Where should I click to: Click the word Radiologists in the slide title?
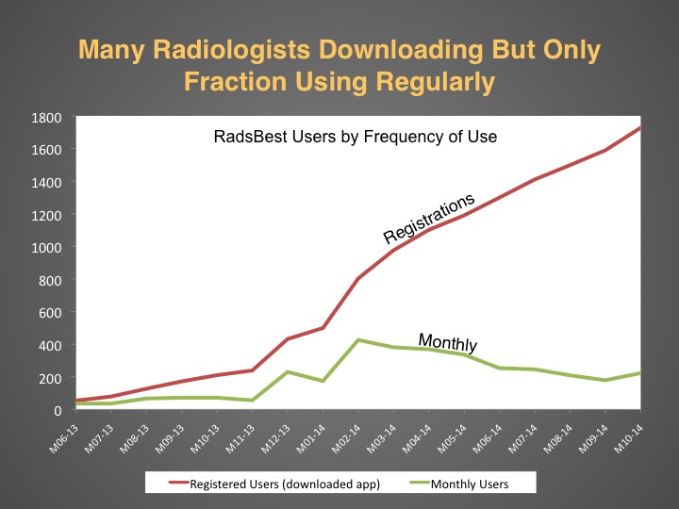tap(231, 50)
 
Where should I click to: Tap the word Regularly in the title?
tap(435, 82)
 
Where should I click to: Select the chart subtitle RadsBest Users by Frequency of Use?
tap(356, 137)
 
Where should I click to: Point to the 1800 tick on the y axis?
tap(46, 118)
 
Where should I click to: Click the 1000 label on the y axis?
tap(46, 248)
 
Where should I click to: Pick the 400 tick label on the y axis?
tap(50, 345)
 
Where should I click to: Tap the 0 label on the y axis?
tap(58, 410)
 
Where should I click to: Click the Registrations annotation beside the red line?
tap(429, 218)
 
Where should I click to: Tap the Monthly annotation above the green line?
tap(448, 342)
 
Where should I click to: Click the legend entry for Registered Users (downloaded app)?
tap(274, 484)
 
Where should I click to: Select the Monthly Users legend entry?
tap(458, 484)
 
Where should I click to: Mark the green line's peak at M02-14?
tap(358, 340)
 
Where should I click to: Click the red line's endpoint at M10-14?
tap(640, 127)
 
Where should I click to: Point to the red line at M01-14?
tap(323, 328)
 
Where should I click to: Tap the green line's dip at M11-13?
tap(252, 401)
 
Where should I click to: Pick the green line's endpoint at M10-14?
tap(640, 373)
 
